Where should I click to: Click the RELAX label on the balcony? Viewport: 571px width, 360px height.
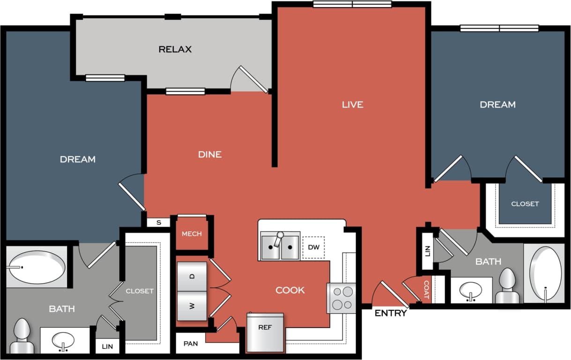click(x=175, y=49)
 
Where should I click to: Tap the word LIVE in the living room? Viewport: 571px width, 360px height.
click(x=352, y=104)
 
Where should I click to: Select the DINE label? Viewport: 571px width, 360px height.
click(x=209, y=154)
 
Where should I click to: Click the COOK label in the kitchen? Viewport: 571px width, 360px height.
click(x=290, y=290)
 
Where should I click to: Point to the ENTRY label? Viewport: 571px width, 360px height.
click(x=391, y=313)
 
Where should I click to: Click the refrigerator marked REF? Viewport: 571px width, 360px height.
click(x=265, y=332)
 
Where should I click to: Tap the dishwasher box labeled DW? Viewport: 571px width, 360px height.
click(x=313, y=247)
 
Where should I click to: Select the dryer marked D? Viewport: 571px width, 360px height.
click(x=192, y=276)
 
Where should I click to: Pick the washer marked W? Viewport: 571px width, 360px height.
click(x=192, y=306)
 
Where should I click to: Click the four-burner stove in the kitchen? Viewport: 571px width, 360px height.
click(x=341, y=298)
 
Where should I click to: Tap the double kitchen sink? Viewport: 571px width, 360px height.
click(x=280, y=246)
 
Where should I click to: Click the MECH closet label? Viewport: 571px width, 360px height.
click(x=192, y=234)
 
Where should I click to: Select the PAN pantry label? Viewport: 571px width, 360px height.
click(x=191, y=344)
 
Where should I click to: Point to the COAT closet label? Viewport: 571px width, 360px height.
click(x=426, y=290)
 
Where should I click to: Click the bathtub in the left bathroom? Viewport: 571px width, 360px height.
click(x=37, y=267)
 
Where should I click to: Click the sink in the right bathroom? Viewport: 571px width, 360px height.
click(x=471, y=291)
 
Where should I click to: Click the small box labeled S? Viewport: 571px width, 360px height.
click(x=159, y=222)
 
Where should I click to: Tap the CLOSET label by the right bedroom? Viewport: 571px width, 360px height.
click(x=525, y=204)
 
